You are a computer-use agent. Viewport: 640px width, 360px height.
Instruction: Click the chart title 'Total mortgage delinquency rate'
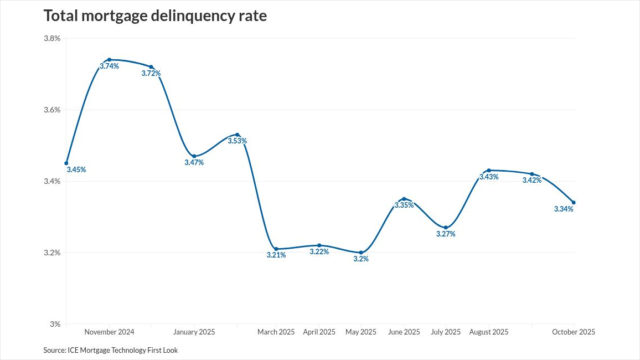(155, 16)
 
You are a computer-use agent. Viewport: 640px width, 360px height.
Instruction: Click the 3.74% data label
(109, 66)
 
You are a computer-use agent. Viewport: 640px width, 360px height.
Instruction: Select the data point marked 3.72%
(151, 67)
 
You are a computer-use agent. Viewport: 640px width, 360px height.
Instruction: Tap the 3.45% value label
(76, 170)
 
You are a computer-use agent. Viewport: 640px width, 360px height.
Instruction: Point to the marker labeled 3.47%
(194, 156)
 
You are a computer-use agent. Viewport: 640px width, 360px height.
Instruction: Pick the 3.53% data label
(238, 141)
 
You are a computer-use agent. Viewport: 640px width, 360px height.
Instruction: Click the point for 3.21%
(276, 249)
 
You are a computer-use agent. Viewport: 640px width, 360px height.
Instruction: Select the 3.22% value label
(319, 251)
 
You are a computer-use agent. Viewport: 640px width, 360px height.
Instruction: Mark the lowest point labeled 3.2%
(361, 253)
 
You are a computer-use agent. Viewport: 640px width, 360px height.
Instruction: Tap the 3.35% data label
(404, 205)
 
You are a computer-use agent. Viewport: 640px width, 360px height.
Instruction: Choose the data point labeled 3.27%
(446, 228)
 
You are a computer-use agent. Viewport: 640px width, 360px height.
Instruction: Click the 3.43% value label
(489, 177)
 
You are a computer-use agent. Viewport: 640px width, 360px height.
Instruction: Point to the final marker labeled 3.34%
(574, 202)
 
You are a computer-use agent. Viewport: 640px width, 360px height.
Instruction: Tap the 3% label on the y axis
(55, 324)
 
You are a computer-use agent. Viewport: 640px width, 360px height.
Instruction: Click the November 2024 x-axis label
(109, 332)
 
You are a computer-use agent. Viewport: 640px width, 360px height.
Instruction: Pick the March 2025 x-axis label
(276, 332)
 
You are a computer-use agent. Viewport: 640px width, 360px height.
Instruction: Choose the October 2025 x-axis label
(574, 332)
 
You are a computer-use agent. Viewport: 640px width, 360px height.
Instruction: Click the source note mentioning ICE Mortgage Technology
(111, 351)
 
